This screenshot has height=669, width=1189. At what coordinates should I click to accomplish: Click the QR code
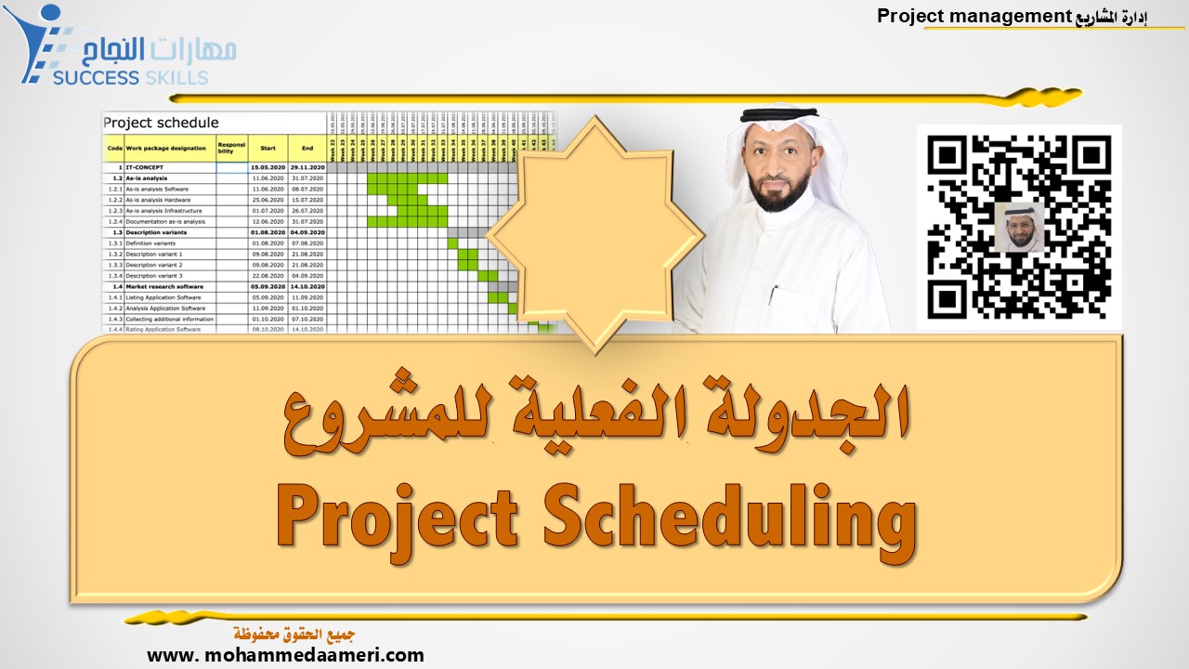tap(1019, 227)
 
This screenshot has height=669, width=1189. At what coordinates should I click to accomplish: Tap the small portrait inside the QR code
tap(1019, 227)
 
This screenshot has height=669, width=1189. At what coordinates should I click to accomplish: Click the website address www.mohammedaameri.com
tap(285, 655)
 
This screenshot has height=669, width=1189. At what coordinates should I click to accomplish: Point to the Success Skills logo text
tap(130, 77)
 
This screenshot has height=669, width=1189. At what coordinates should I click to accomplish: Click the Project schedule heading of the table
tap(162, 123)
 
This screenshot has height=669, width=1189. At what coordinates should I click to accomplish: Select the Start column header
tap(268, 148)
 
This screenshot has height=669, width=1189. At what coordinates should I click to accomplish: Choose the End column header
tap(307, 148)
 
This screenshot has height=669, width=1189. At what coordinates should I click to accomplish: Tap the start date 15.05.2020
tap(268, 167)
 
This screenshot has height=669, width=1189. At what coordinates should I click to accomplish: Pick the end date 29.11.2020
tap(307, 167)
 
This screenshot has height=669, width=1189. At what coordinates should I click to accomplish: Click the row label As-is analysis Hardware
tap(165, 200)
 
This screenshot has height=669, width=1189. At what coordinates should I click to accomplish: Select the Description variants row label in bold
tap(163, 232)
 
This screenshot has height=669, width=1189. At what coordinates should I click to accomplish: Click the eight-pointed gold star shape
tap(594, 232)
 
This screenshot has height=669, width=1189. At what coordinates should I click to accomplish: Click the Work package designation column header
tap(166, 148)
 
